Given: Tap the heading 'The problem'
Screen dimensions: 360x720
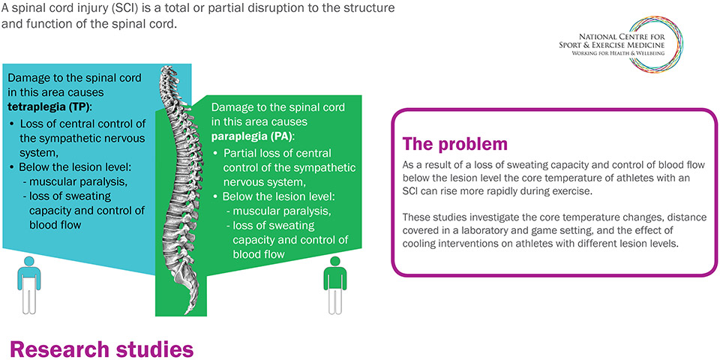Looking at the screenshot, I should [x=455, y=143].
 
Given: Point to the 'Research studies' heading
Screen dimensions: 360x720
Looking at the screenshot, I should [x=101, y=349].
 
